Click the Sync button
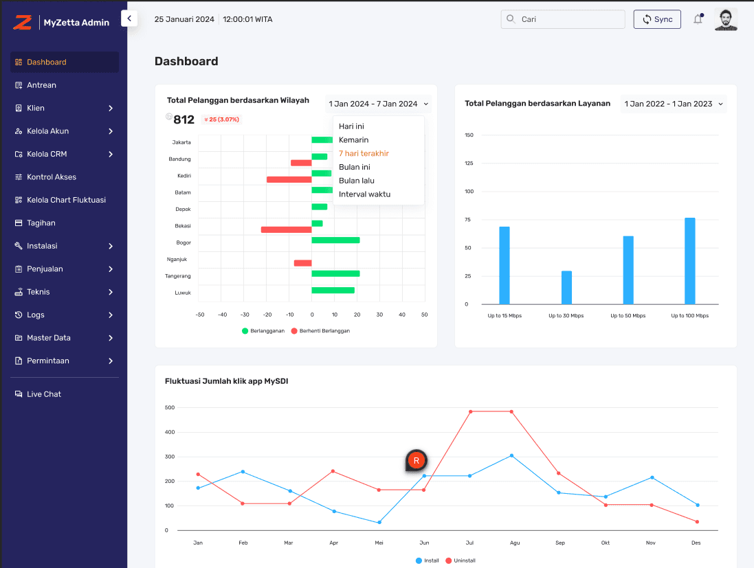pos(657,19)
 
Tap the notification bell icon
pos(698,19)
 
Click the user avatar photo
pos(726,19)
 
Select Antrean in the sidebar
pos(41,85)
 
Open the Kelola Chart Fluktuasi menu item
pos(66,200)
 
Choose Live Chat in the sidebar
pos(44,394)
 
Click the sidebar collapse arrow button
pos(129,19)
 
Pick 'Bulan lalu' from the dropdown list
pos(356,181)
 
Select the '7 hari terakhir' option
pos(364,153)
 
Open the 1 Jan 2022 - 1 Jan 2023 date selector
pos(673,104)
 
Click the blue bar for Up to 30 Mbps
pos(566,288)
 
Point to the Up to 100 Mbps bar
pos(690,261)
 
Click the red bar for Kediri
pos(289,179)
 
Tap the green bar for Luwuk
pos(333,291)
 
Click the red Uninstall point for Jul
pos(470,411)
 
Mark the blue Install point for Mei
pos(379,523)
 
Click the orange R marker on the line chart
pos(416,460)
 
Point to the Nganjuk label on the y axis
pos(177,260)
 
